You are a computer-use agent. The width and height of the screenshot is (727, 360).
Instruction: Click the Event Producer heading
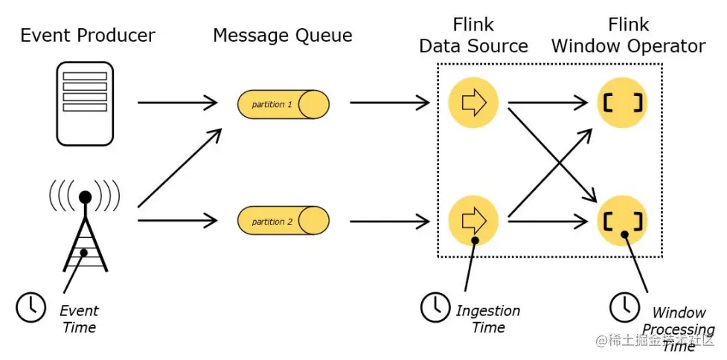click(x=88, y=35)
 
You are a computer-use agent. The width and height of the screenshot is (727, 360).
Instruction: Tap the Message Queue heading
click(x=283, y=35)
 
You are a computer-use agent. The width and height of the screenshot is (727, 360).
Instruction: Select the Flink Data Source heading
click(x=473, y=35)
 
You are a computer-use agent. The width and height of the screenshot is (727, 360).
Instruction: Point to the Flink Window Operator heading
click(x=628, y=35)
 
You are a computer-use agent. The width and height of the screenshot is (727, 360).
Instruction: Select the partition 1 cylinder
click(x=284, y=104)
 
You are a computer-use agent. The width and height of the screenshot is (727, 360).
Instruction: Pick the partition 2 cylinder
click(x=284, y=221)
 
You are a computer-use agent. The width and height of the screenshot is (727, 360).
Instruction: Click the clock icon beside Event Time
click(x=31, y=307)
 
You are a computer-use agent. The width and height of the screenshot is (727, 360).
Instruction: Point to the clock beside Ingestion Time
click(x=435, y=307)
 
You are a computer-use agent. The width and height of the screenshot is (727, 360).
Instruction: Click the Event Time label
click(x=79, y=318)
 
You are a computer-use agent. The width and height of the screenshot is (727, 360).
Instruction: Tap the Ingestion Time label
click(x=487, y=318)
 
